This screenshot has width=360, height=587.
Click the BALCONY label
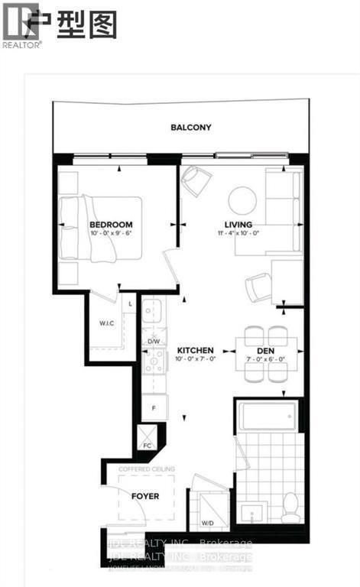pyautogui.click(x=190, y=128)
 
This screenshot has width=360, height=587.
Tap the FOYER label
pyautogui.click(x=144, y=496)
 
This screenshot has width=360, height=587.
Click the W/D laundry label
pyautogui.click(x=206, y=524)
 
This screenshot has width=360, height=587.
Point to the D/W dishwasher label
pyautogui.click(x=153, y=341)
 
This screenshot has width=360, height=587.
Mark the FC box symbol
pyautogui.click(x=146, y=438)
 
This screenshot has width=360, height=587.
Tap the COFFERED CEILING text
pyautogui.click(x=148, y=469)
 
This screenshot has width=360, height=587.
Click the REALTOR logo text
pyautogui.click(x=22, y=45)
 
